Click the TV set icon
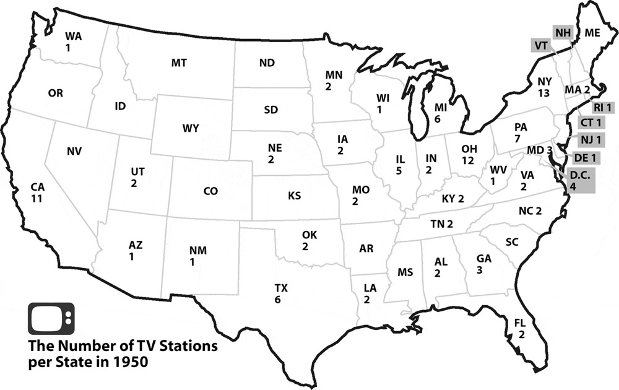51,318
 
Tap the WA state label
74,36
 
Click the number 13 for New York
544,92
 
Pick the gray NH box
563,32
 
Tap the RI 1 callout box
602,108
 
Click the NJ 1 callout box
590,139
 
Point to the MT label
179,63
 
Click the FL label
520,323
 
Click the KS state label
294,196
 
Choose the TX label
281,288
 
